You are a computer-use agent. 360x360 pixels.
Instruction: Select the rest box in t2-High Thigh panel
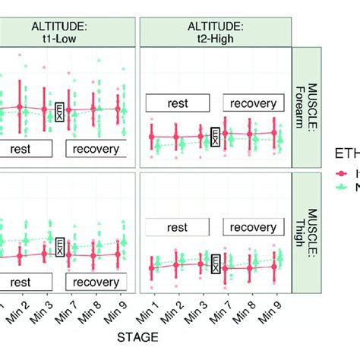(177, 227)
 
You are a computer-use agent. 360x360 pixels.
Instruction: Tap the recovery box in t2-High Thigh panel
(253, 227)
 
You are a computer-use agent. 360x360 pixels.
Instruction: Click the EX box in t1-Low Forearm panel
(60, 113)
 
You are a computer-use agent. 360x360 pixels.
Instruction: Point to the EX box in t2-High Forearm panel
(216, 137)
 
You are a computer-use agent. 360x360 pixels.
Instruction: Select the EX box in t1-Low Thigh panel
(60, 246)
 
